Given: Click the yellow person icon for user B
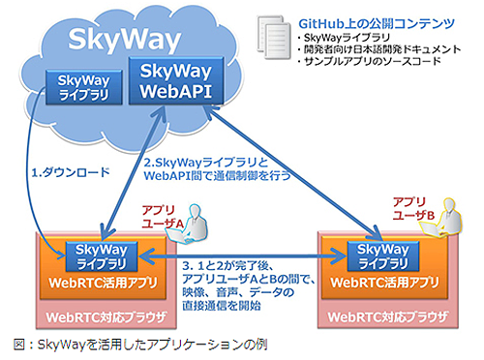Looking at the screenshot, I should pyautogui.click(x=452, y=217).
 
